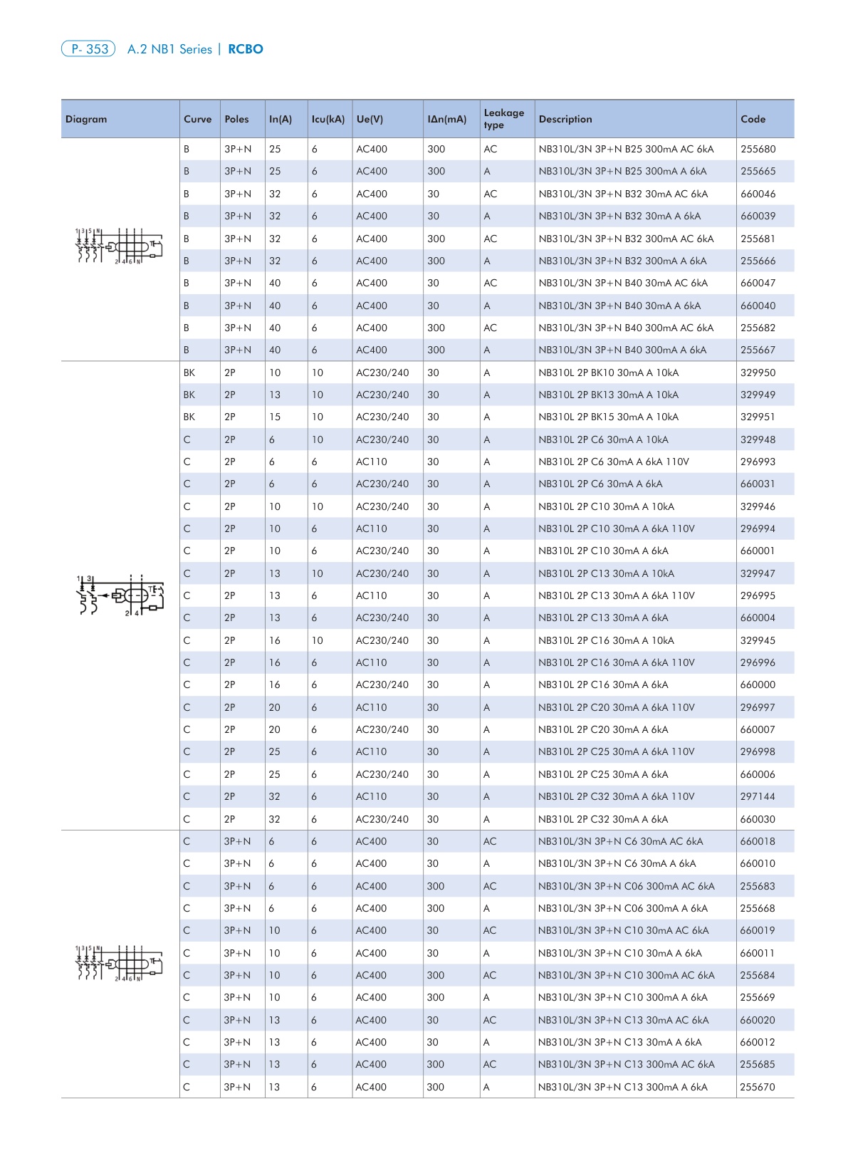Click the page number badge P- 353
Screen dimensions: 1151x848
pyautogui.click(x=88, y=49)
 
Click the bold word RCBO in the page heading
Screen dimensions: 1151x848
pyautogui.click(x=246, y=49)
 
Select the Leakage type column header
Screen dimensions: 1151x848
pyautogui.click(x=503, y=119)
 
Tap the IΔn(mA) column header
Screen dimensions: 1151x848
pyautogui.click(x=447, y=120)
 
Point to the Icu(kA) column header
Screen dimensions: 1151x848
pyautogui.click(x=328, y=120)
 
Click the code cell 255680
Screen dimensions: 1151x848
pyautogui.click(x=758, y=150)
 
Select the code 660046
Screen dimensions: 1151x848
pyautogui.click(x=758, y=194)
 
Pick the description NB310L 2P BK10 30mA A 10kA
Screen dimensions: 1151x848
pyautogui.click(x=608, y=373)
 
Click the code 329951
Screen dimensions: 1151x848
pyautogui.click(x=758, y=417)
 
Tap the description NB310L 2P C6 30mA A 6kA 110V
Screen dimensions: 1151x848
pyautogui.click(x=614, y=462)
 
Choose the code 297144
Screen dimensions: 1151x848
pyautogui.click(x=758, y=796)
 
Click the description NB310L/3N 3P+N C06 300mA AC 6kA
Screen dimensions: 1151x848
pyautogui.click(x=626, y=886)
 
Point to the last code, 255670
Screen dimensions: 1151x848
pyautogui.click(x=758, y=1087)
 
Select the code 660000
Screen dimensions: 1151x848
pyautogui.click(x=758, y=684)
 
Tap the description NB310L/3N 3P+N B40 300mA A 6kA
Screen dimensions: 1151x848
pyautogui.click(x=622, y=350)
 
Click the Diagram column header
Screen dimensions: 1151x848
pyautogui.click(x=86, y=120)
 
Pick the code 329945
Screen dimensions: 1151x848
pyautogui.click(x=758, y=640)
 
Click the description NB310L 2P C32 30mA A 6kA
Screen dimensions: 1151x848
pyautogui.click(x=603, y=819)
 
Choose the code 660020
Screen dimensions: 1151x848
pyautogui.click(x=758, y=1020)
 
